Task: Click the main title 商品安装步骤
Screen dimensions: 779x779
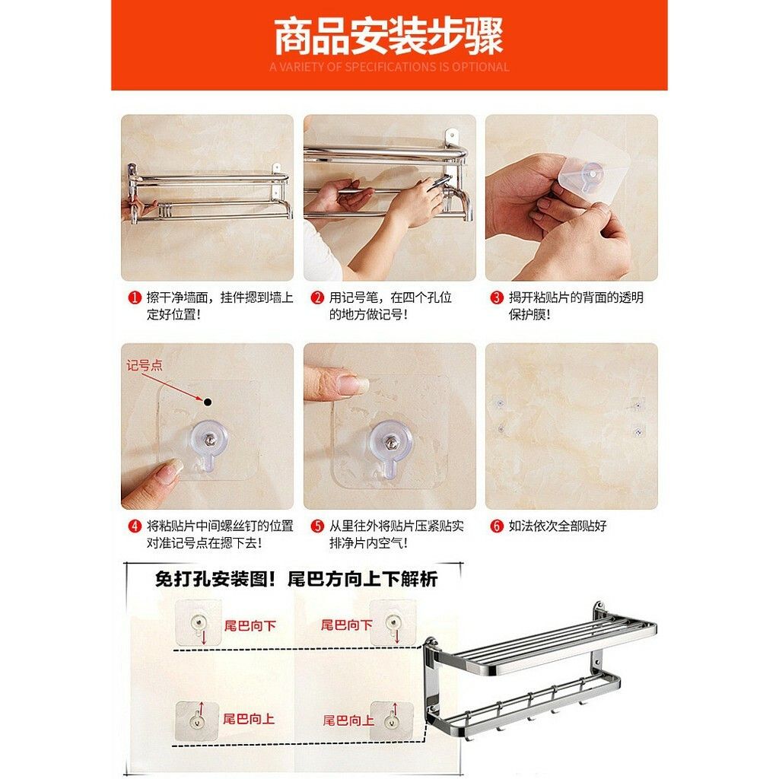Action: point(389,36)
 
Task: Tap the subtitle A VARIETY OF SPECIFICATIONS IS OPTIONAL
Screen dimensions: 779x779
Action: point(389,67)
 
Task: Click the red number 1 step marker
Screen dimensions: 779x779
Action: point(135,297)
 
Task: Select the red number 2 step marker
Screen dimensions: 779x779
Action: point(317,297)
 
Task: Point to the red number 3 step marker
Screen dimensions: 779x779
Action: point(497,297)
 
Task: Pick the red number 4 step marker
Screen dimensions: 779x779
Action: point(135,526)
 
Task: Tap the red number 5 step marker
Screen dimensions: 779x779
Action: point(317,526)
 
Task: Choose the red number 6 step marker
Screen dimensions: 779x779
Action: point(497,526)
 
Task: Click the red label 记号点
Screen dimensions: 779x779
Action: point(144,366)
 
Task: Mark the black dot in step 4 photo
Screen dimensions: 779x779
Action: point(208,402)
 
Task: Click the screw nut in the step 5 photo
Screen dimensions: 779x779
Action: point(391,440)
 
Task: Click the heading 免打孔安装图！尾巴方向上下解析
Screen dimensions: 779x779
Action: point(297,579)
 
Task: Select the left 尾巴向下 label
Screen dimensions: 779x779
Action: point(250,625)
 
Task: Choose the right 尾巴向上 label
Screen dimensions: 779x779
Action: point(348,720)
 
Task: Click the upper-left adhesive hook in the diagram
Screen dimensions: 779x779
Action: point(199,622)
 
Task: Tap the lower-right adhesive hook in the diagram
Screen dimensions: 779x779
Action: point(392,720)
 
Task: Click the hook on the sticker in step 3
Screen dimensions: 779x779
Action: point(591,176)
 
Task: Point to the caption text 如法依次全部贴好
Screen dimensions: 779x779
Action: point(558,526)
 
